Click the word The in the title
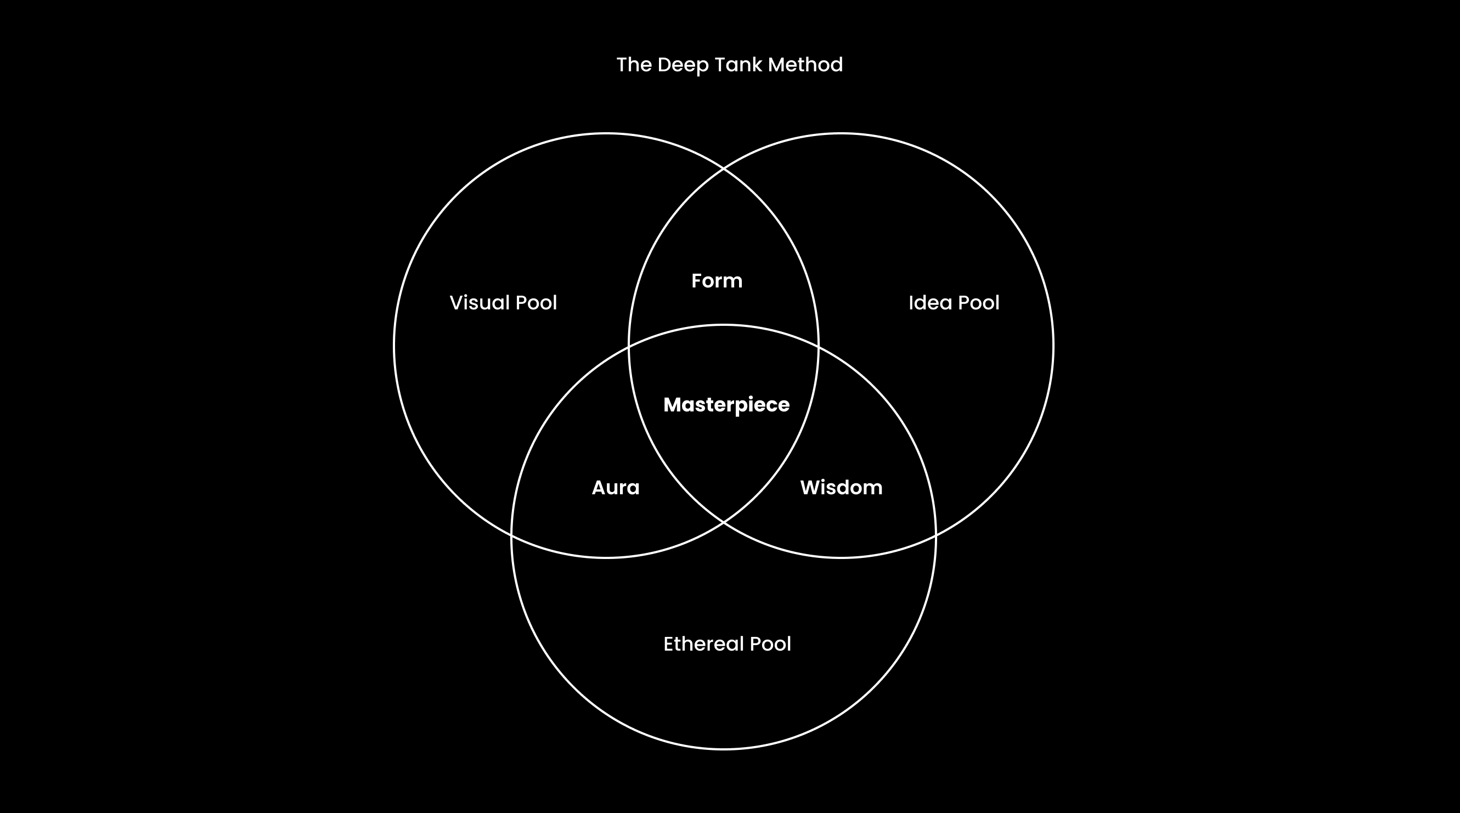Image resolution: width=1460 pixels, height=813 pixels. [x=634, y=65]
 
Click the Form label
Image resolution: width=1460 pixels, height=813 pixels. [x=717, y=281]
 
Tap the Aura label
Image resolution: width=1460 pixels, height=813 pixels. [x=616, y=488]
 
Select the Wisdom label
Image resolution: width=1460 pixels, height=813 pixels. [x=841, y=488]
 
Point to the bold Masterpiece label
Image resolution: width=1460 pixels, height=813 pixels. [x=726, y=405]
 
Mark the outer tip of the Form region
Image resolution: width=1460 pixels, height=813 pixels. [x=724, y=169]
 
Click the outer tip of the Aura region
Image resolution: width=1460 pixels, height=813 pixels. [x=512, y=534]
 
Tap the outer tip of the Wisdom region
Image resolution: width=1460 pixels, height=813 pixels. [x=935, y=534]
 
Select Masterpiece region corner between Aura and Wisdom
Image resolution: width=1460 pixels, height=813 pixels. [x=724, y=522]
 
